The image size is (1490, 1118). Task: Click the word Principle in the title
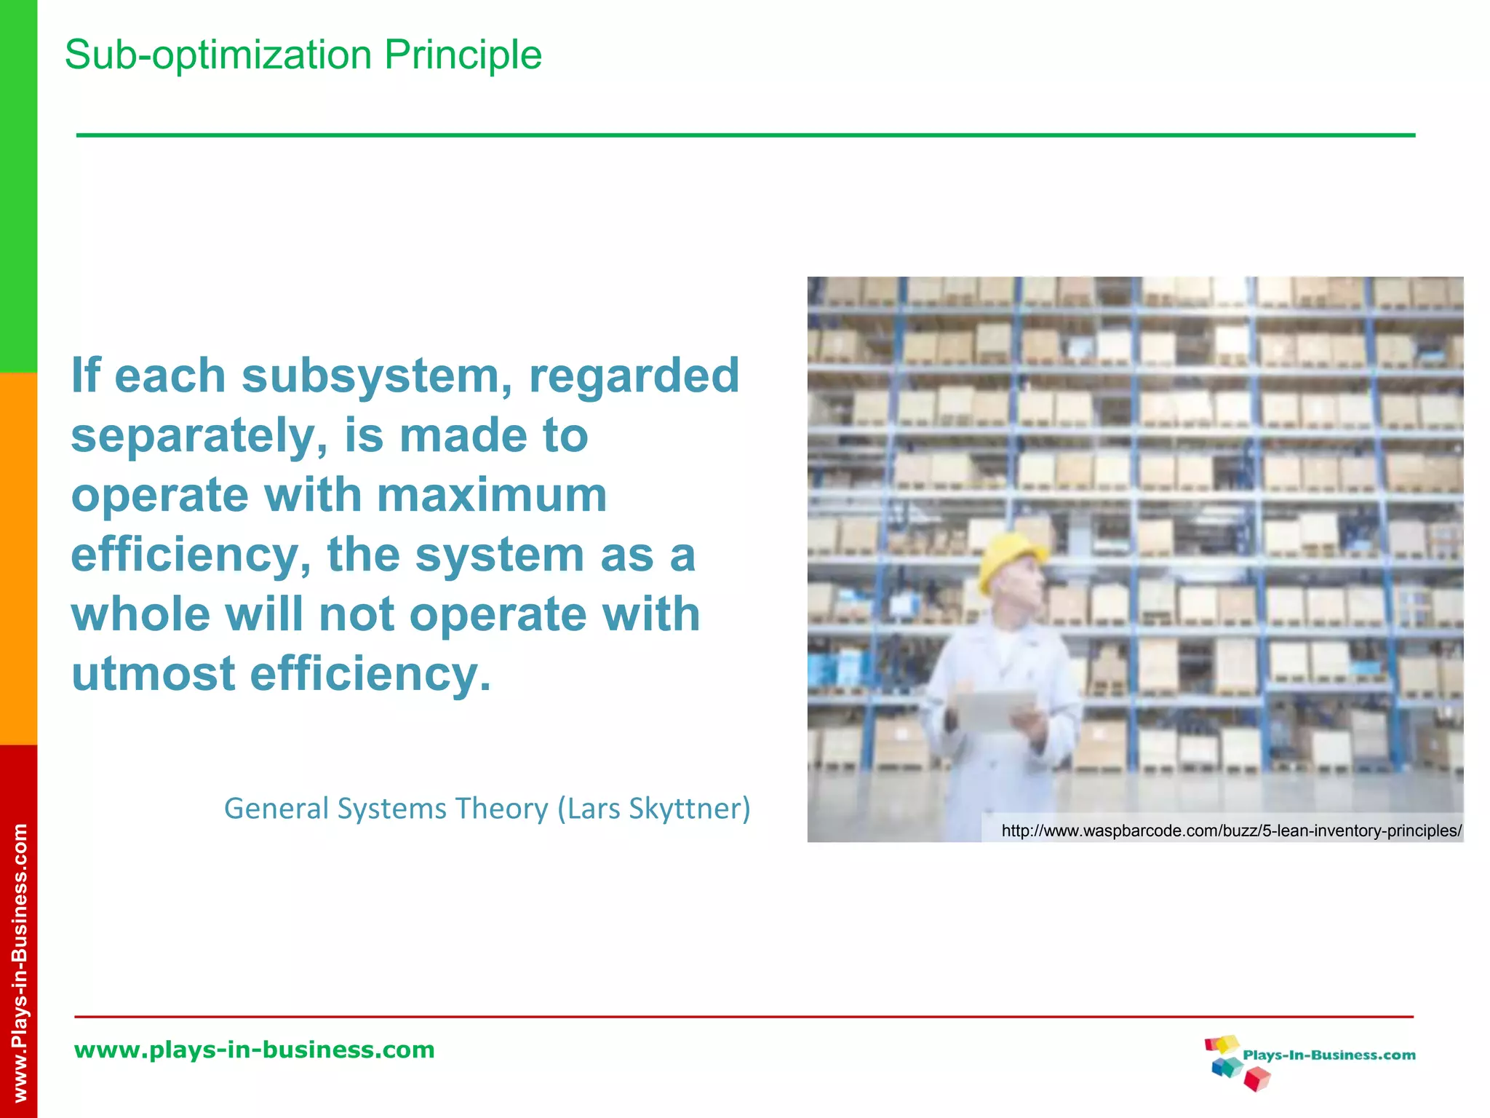pyautogui.click(x=463, y=55)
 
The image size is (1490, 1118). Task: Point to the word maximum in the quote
pyautogui.click(x=492, y=496)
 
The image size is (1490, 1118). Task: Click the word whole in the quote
pyautogui.click(x=140, y=614)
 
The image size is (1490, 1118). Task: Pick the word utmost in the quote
pyautogui.click(x=153, y=674)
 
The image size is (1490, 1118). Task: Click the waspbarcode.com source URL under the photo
pyautogui.click(x=1231, y=830)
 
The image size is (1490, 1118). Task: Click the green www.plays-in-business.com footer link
pyautogui.click(x=255, y=1050)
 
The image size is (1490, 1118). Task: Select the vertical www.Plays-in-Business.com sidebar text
pyautogui.click(x=20, y=961)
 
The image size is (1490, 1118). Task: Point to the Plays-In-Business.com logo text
pyautogui.click(x=1328, y=1055)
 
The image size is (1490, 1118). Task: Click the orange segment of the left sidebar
pyautogui.click(x=18, y=559)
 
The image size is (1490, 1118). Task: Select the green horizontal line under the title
pyautogui.click(x=745, y=135)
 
